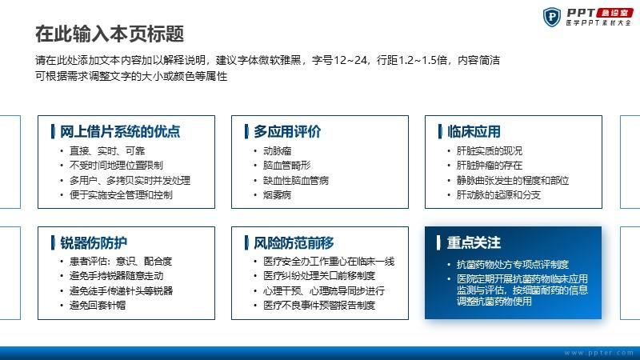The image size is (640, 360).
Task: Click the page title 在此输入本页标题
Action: tap(110, 34)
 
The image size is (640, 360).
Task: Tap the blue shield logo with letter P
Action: tap(552, 17)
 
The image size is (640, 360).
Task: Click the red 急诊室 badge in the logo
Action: tap(614, 13)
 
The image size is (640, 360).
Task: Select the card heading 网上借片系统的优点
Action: tap(120, 131)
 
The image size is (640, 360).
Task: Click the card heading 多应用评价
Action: tap(287, 131)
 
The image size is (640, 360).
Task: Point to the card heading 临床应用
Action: tap(474, 131)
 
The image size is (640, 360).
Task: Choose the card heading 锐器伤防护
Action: tap(94, 243)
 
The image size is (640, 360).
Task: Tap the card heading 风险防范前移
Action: tap(294, 243)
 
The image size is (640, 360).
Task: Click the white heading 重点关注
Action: tap(474, 243)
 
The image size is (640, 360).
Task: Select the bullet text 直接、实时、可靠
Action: tap(107, 151)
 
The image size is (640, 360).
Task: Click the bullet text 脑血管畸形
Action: tap(287, 166)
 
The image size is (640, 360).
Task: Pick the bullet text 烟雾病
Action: tap(277, 195)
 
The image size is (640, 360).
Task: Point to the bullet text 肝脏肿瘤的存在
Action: tap(490, 166)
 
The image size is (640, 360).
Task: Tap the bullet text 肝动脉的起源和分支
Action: tap(498, 195)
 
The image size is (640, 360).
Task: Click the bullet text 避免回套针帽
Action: tap(98, 306)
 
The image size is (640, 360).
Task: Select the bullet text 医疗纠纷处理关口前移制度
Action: tap(319, 276)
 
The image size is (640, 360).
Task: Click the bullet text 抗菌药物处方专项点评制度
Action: tap(513, 265)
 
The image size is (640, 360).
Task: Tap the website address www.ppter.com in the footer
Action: tap(599, 353)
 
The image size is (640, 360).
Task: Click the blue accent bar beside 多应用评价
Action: tap(246, 131)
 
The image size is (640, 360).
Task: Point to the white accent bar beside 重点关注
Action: tap(438, 243)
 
